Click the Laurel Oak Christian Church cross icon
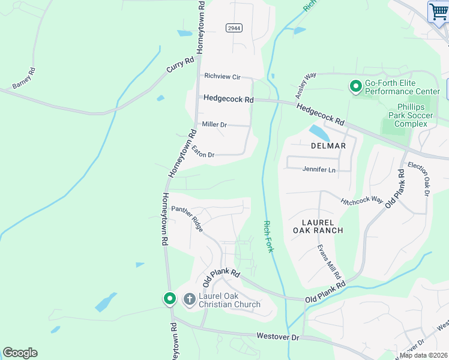pos(190,299)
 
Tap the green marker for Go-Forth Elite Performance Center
pos(355,87)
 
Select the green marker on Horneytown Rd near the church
pos(170,298)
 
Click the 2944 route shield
pos(234,28)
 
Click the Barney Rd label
pos(24,79)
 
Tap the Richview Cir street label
pos(222,77)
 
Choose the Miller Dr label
pos(214,125)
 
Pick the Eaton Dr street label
pos(203,152)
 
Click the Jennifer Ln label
pos(319,170)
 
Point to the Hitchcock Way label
pos(361,200)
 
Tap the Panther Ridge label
pos(187,219)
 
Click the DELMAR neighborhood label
pos(328,146)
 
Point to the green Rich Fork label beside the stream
pos(268,236)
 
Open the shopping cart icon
pos(438,12)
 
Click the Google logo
pos(20,353)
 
